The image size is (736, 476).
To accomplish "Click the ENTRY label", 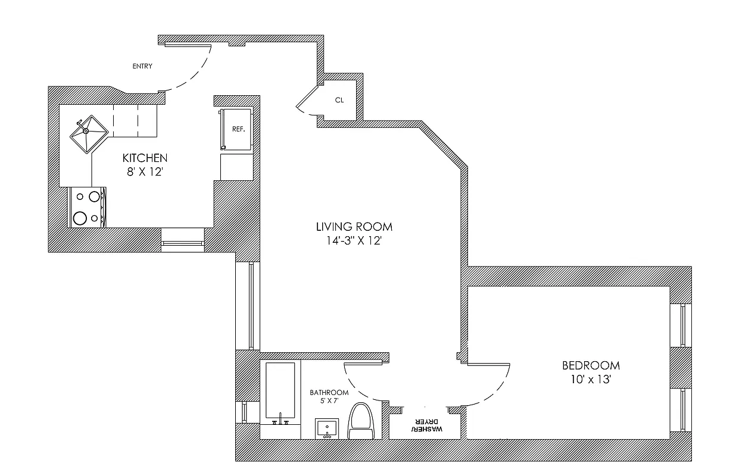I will [x=142, y=66].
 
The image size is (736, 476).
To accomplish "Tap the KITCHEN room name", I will [x=145, y=158].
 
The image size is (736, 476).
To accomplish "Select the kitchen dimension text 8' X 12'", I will [x=145, y=172].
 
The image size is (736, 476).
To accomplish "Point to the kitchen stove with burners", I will [x=87, y=206].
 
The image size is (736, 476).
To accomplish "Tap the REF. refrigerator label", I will [x=239, y=129].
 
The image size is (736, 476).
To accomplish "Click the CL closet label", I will [x=339, y=100].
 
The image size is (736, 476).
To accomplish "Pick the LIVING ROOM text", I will [x=354, y=227].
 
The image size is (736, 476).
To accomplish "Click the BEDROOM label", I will [x=591, y=365].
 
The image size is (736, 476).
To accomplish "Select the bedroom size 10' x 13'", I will [x=591, y=380].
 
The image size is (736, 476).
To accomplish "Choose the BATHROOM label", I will [x=329, y=393].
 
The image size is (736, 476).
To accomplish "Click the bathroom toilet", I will [x=360, y=421].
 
